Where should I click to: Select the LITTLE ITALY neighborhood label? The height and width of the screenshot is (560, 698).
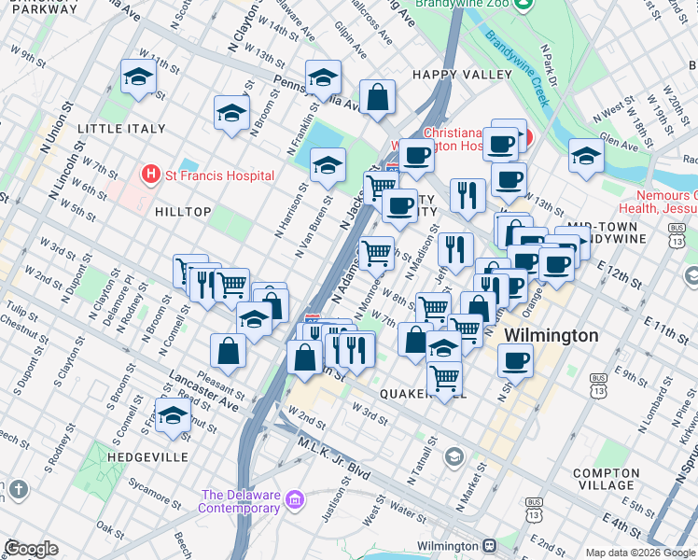[114, 128]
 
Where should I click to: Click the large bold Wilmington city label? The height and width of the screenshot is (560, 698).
[551, 335]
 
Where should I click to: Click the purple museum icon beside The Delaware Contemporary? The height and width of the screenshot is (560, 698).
[297, 501]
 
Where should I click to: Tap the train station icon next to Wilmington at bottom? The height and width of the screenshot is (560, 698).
[488, 545]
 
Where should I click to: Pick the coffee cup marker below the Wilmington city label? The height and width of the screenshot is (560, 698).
[514, 359]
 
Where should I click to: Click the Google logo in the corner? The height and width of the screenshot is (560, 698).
[31, 548]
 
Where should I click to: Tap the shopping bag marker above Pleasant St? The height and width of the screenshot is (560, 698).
[229, 351]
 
